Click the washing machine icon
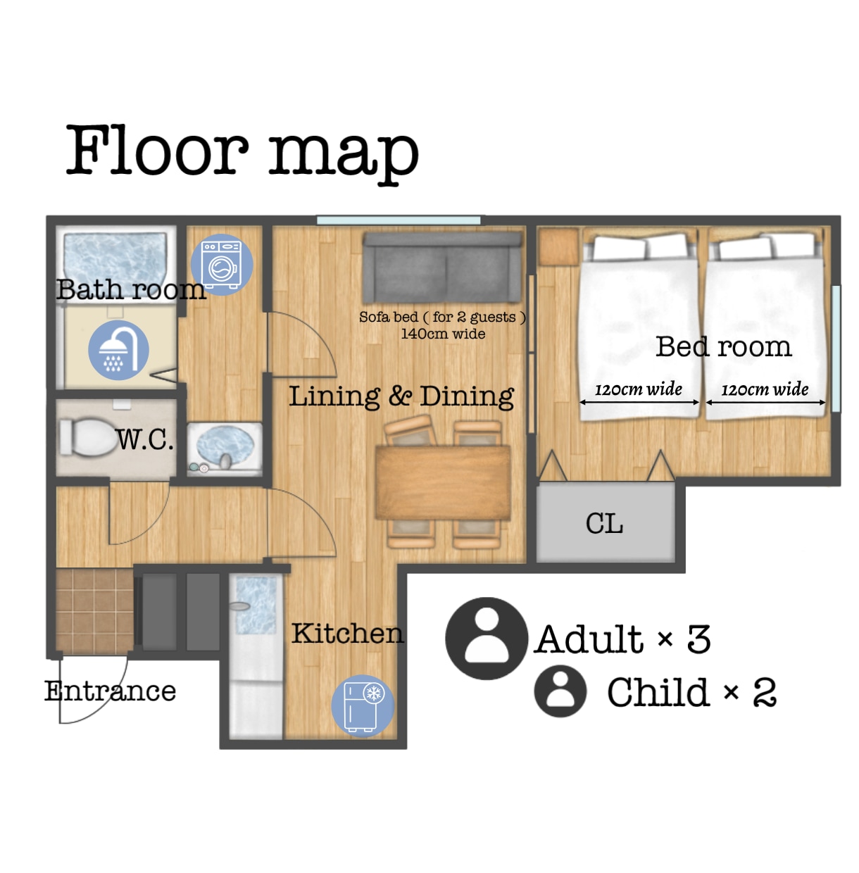(222, 265)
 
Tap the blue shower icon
(118, 350)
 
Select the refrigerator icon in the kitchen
(363, 706)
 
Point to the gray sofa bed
(443, 268)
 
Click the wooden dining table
(443, 482)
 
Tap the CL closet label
(604, 524)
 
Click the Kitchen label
(347, 633)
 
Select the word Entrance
(110, 691)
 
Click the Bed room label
(724, 347)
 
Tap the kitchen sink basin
(256, 605)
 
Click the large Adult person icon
(487, 639)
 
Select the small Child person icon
(560, 691)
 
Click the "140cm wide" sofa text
(443, 334)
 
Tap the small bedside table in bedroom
(558, 247)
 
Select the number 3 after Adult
(698, 639)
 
